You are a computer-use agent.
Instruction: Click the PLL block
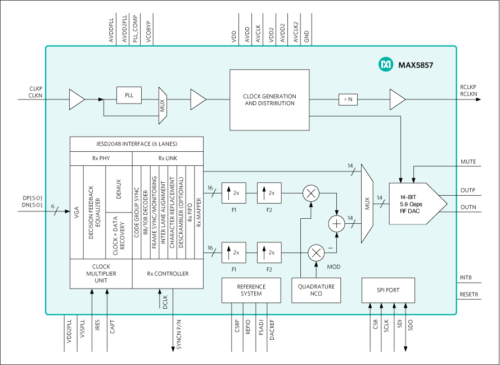(129, 95)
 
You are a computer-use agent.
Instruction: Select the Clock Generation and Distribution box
(269, 100)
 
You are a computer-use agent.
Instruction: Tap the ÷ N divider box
(348, 100)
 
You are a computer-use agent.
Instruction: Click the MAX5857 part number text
(416, 65)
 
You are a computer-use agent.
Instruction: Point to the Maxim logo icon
(386, 65)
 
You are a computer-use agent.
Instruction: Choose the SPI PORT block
(388, 290)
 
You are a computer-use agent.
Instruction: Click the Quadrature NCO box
(316, 290)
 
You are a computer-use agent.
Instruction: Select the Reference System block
(251, 290)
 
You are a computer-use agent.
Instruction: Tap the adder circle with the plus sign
(336, 224)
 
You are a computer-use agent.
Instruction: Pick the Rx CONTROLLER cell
(168, 274)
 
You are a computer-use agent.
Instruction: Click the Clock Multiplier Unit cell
(101, 274)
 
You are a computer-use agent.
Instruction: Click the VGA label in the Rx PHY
(77, 212)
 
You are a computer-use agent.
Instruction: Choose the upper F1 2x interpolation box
(233, 193)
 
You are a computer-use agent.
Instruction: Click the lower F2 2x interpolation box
(269, 253)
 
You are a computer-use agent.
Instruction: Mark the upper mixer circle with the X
(310, 193)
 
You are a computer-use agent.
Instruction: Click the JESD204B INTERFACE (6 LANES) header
(136, 144)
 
